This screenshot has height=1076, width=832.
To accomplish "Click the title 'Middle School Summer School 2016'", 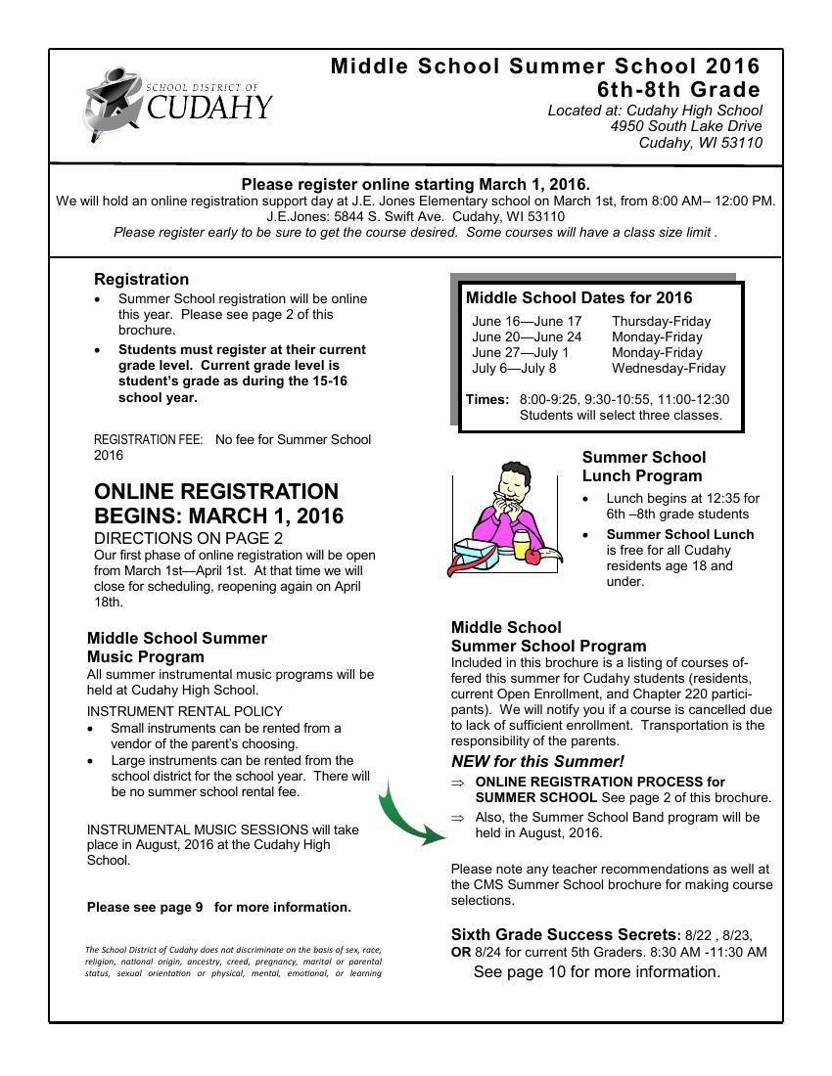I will pos(545,67).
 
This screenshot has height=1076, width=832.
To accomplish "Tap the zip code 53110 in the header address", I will pos(741,143).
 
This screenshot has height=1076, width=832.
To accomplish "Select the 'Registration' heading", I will pos(141,279).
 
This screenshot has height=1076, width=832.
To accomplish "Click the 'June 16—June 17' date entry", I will pos(527,321).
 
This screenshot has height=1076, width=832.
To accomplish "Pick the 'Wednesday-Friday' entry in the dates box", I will pos(669,368).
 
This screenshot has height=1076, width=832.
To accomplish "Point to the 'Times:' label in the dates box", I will pos(487,399).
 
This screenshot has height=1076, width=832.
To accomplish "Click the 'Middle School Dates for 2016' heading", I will pos(578,297).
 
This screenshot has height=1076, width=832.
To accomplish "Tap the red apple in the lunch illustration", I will pos(532,556).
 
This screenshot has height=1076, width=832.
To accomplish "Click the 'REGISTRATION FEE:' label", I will pos(148,439).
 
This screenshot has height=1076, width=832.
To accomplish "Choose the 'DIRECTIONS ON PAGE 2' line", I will pos(188,538).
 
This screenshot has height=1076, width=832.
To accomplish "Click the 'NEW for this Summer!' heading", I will pos(537,761).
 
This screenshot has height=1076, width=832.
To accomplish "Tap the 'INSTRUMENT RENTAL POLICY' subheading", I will pos(185,711).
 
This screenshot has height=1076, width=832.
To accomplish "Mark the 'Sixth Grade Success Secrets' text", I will pos(563,934).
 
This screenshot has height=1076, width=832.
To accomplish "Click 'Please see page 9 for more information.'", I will pos(218,907).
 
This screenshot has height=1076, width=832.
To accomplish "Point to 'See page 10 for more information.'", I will pos(596,971).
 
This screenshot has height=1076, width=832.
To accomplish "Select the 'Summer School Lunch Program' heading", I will pos(643,467).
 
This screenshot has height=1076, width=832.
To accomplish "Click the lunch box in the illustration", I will pos(482,556).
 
